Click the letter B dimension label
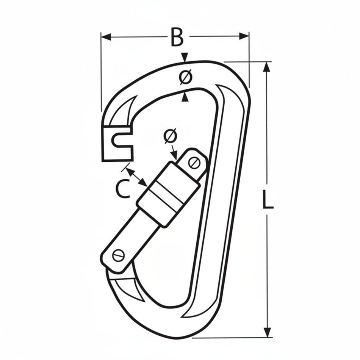pos(177,37)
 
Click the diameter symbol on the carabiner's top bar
pos(185,77)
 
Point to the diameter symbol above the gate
pos(171,136)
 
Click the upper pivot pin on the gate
pos(195,163)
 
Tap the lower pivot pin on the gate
pos(119,256)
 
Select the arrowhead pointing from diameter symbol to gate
pos(175,155)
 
